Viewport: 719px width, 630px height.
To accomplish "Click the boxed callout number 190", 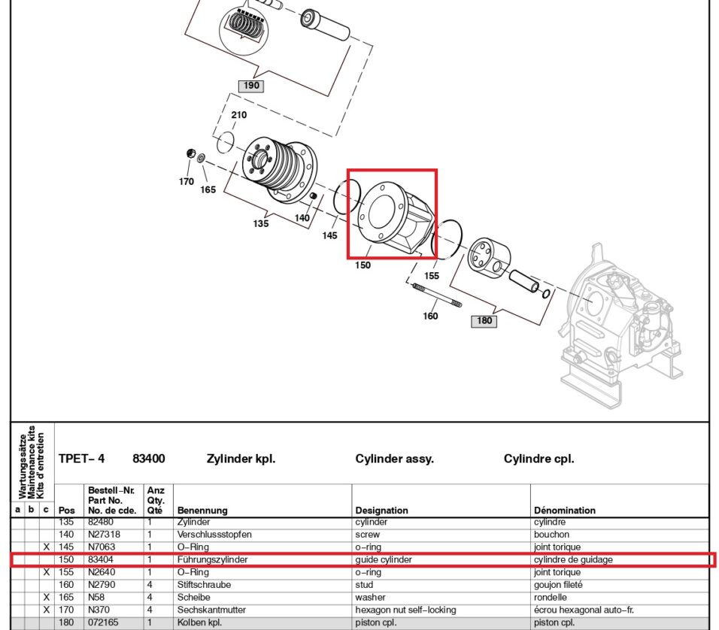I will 251,86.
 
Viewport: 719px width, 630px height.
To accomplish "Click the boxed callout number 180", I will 484,321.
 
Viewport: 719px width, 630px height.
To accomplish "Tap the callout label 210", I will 238,115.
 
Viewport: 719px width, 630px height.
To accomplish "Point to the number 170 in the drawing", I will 187,181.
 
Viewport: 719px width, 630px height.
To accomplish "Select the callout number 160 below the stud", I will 430,316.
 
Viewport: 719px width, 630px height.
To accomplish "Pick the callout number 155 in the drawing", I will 432,276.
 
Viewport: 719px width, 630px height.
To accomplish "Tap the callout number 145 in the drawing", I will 330,235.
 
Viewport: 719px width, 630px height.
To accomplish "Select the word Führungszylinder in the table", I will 212,559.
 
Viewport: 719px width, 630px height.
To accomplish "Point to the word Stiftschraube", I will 205,584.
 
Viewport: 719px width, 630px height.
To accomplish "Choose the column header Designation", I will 381,510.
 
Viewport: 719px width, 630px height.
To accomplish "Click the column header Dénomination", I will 564,510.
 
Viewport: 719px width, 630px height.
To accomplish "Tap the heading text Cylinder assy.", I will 394,459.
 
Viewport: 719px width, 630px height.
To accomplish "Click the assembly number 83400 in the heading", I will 149,459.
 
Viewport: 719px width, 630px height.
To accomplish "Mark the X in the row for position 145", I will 46,547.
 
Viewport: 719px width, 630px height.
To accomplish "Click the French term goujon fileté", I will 561,584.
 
